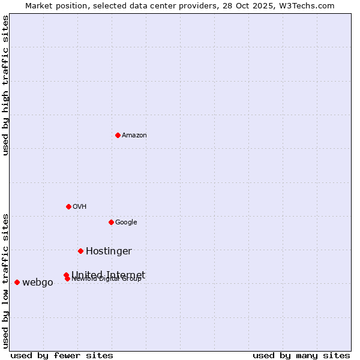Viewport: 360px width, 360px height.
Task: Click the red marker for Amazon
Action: (x=118, y=135)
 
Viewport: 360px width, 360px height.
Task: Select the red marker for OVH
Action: (x=68, y=206)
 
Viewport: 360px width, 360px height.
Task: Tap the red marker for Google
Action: (x=111, y=222)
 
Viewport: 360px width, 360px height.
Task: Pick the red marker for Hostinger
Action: (x=80, y=251)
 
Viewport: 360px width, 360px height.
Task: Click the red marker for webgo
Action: (x=17, y=282)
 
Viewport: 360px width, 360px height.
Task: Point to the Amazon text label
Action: (x=134, y=136)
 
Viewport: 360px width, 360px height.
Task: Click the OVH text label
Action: (x=80, y=207)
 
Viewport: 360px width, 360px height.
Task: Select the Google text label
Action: (x=126, y=223)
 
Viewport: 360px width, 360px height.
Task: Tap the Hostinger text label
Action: (x=109, y=251)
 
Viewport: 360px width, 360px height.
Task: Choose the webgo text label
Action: (x=38, y=283)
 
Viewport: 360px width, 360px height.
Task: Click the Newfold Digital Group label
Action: (x=107, y=279)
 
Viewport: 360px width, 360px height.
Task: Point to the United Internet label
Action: (x=109, y=274)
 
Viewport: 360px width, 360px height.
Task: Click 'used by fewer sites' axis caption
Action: (x=62, y=355)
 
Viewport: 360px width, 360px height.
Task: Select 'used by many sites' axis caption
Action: (x=301, y=355)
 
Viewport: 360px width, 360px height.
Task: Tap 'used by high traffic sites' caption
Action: (x=5, y=85)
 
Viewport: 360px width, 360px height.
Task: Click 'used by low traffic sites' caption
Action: (x=5, y=280)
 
